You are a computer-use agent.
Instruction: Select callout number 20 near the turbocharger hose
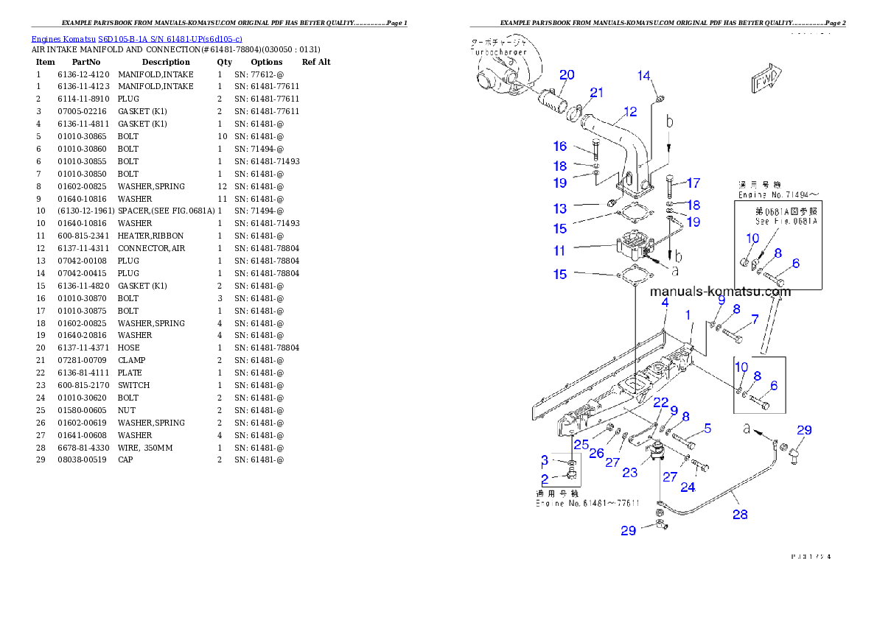567,75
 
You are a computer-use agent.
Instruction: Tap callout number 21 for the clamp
596,93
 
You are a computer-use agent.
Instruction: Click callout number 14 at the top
644,75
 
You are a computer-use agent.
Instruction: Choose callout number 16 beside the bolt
560,147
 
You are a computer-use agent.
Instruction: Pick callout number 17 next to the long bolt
693,183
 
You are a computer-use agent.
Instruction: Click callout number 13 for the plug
560,209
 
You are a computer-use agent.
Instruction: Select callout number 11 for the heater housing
560,251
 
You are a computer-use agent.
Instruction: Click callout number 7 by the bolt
755,320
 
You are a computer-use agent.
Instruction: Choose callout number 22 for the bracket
660,402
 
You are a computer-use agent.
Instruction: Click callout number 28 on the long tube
739,515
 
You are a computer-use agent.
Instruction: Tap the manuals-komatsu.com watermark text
720,292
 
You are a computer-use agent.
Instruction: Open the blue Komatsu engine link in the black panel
136,38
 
